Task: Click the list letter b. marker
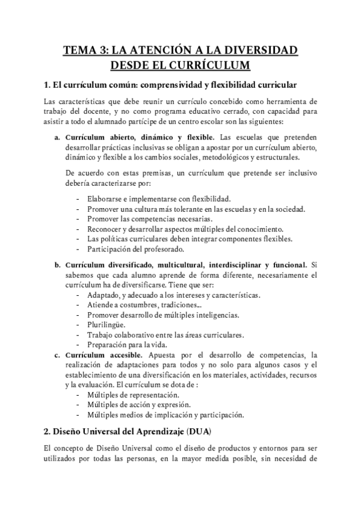click(57, 264)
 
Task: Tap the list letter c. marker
click(57, 355)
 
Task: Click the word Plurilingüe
click(106, 325)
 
